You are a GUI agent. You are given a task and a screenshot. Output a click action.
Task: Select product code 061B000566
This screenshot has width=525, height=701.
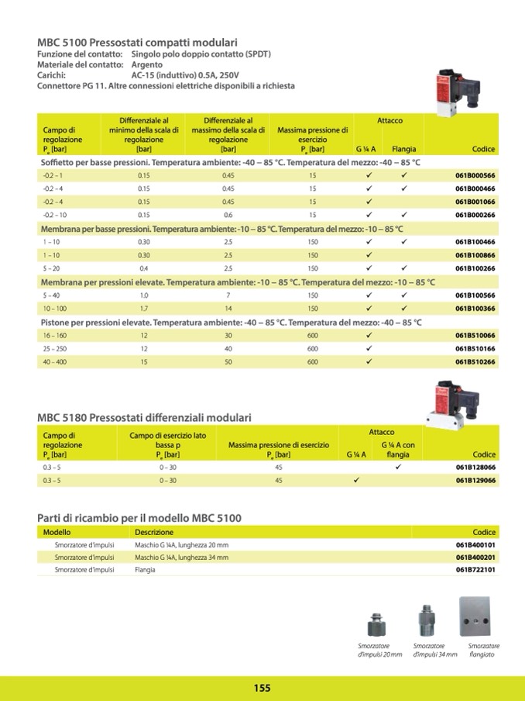tap(475, 176)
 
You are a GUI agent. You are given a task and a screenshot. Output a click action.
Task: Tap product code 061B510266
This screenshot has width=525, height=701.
tap(475, 361)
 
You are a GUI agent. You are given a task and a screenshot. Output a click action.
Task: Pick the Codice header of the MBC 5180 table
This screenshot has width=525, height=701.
tap(484, 455)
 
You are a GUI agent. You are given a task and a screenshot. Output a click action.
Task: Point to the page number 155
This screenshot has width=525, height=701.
tap(262, 688)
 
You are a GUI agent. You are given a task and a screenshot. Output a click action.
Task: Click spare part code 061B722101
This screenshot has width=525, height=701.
tap(475, 570)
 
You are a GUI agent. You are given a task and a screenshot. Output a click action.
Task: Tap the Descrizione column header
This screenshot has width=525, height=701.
tap(154, 533)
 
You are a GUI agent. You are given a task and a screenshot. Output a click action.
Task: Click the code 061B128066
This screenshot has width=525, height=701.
tap(475, 468)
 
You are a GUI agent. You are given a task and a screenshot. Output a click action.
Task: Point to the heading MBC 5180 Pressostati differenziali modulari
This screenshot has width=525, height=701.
tap(145, 418)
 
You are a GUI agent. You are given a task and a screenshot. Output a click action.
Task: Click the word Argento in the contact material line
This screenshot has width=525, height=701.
tap(147, 65)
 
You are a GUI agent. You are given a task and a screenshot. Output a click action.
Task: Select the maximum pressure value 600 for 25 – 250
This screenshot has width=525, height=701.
tap(313, 348)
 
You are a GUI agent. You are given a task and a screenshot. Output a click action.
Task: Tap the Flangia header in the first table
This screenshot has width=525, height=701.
tap(403, 148)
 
